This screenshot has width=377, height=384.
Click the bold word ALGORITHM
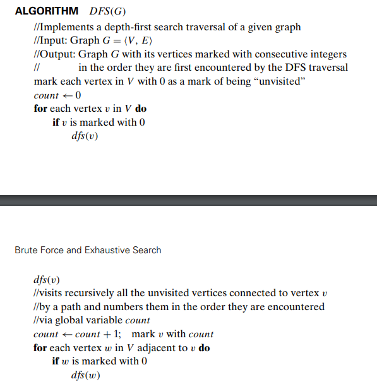(x=46, y=11)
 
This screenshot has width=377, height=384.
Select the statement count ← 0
(x=57, y=95)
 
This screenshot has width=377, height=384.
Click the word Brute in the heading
(x=26, y=250)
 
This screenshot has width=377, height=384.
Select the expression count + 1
(x=98, y=334)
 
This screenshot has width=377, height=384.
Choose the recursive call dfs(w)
(x=85, y=376)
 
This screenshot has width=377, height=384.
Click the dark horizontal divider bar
(x=188, y=200)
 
